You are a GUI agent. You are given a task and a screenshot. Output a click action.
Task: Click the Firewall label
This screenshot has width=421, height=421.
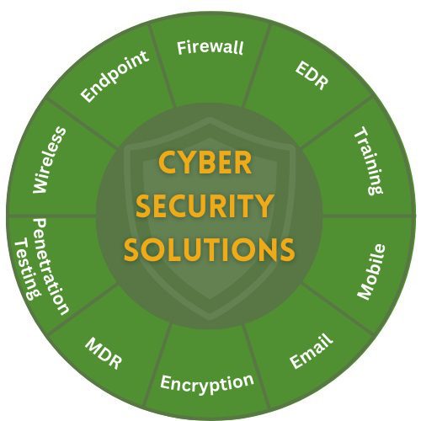point(210,47)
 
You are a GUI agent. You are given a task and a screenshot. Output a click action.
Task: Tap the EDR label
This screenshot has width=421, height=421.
point(312,76)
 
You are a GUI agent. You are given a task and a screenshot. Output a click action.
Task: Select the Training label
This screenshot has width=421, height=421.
point(369,161)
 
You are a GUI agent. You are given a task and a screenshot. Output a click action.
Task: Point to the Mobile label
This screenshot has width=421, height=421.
point(371,272)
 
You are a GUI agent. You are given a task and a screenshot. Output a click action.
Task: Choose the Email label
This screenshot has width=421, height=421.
point(312,350)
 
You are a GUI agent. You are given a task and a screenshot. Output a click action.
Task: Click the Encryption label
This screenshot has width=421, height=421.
point(207,383)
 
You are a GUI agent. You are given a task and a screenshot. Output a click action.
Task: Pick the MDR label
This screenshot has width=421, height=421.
point(104,354)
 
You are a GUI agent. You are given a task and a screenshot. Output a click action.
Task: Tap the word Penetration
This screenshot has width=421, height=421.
point(51,267)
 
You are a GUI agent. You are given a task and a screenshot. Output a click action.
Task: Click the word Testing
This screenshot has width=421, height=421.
point(28,269)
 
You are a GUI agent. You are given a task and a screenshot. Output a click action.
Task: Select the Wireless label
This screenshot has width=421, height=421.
point(50,160)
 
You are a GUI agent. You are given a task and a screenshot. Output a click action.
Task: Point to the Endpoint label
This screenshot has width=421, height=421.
point(115,76)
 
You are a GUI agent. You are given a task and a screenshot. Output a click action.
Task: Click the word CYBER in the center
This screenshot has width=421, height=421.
point(205,163)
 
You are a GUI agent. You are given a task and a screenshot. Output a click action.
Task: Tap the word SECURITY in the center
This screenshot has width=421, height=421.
point(205,206)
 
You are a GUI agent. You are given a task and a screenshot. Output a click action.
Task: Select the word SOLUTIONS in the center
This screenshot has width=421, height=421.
point(210,249)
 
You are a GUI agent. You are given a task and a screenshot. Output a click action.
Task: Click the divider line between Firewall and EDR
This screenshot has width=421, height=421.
point(257,66)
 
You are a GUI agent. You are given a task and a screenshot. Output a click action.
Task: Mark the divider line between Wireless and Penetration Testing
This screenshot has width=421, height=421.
point(52,216)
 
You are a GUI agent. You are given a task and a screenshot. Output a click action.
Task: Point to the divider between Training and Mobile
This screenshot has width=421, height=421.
point(368,216)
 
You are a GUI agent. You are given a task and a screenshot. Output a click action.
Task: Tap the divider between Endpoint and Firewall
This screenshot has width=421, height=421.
point(163,67)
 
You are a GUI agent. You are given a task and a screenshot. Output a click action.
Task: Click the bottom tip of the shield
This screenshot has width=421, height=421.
point(210,320)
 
